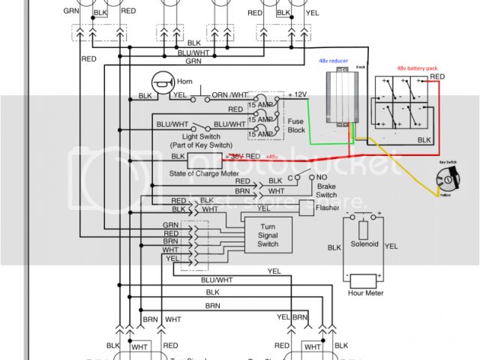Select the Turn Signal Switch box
[268, 235]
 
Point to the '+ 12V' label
[299, 94]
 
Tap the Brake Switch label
[326, 190]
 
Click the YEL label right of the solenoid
[391, 245]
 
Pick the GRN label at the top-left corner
[71, 11]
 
